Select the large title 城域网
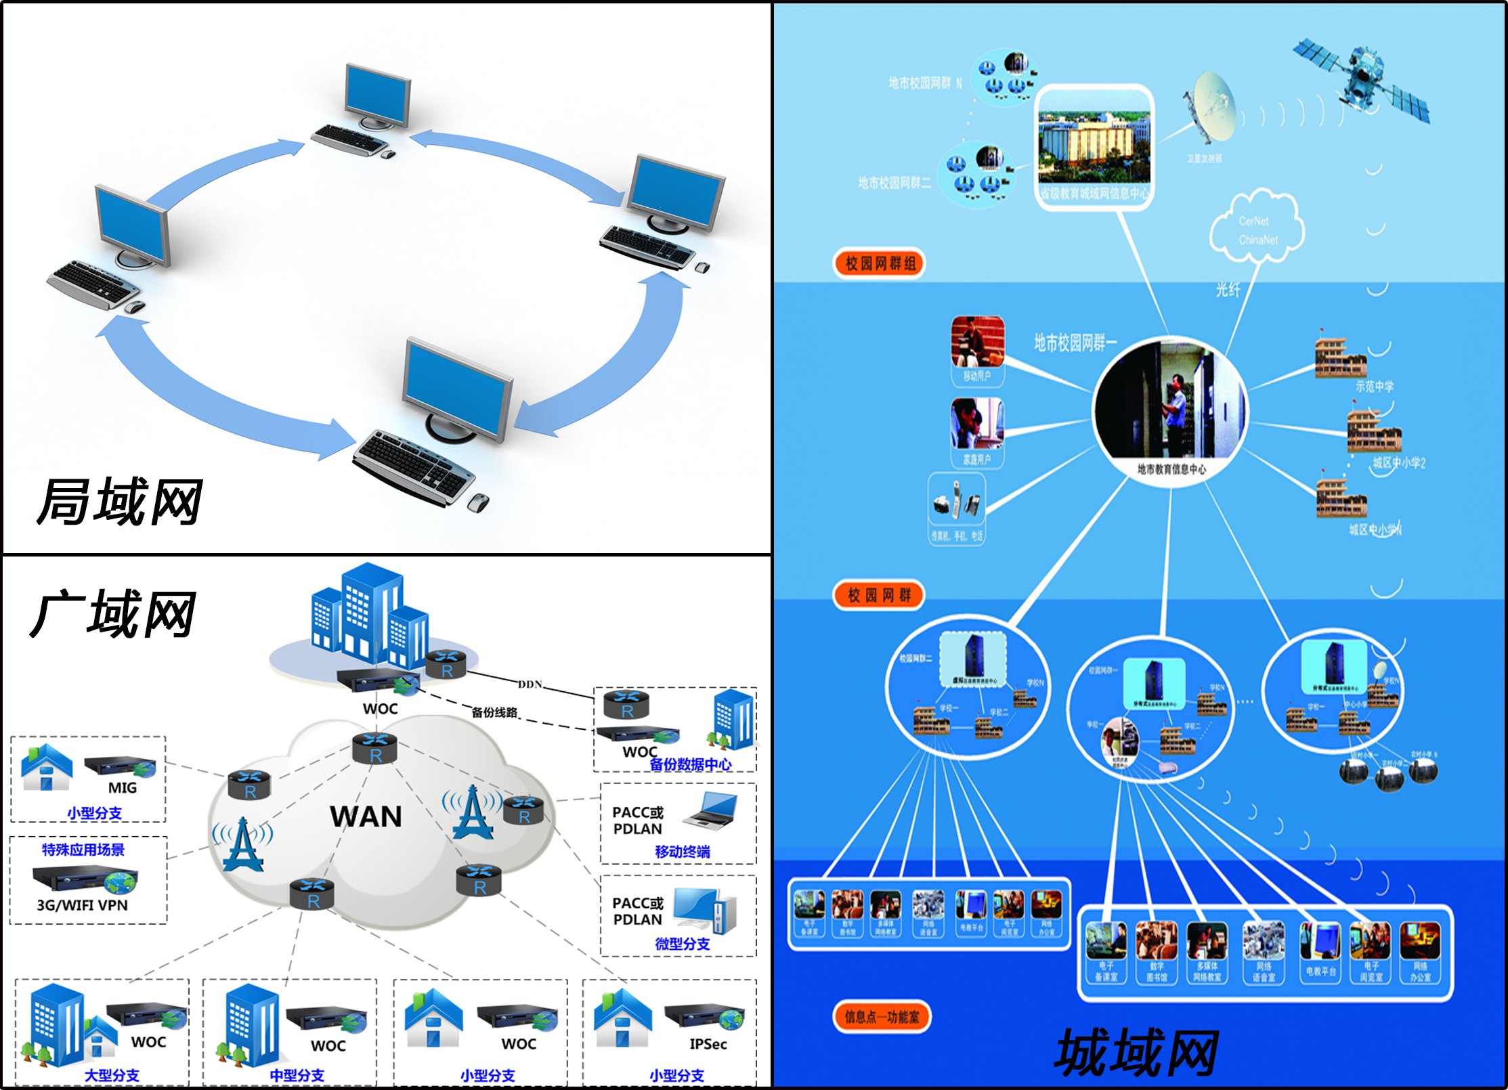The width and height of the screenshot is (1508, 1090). pos(1137,1052)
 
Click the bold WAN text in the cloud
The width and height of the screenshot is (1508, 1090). pos(366,816)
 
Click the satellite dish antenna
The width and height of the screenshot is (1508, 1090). pos(1212,108)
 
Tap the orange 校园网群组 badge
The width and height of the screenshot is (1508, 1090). pos(880,263)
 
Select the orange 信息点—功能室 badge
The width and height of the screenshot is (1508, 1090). pos(882,1017)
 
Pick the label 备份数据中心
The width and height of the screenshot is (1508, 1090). pos(690,764)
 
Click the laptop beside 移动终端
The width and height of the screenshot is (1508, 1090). pos(712,810)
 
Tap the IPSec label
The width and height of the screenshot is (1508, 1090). pos(708,1044)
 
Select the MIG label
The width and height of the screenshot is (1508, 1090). pos(123,788)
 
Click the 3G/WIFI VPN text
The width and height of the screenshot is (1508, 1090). pos(82,905)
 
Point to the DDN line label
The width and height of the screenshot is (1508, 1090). pos(530,684)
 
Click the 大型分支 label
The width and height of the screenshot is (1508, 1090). pos(112,1075)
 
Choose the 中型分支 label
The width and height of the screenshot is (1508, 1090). pos(297,1075)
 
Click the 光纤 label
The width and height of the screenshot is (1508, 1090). pos(1228,290)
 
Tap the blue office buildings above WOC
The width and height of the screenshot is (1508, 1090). pos(369,616)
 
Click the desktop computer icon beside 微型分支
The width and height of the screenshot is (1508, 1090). pos(705,909)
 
